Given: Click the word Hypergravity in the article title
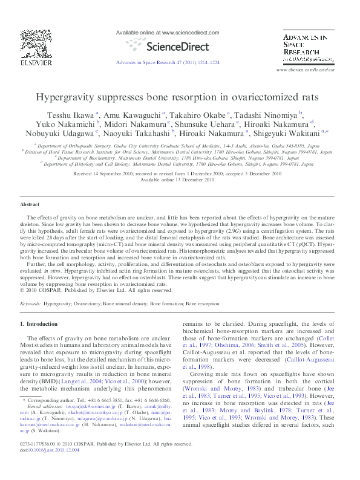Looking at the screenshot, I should (x=66, y=96).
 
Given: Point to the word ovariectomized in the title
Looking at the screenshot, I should (x=260, y=96).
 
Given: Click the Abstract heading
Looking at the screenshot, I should (x=30, y=205).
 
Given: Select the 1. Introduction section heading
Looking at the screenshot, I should (x=39, y=325).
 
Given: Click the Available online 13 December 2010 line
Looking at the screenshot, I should (x=177, y=180).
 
